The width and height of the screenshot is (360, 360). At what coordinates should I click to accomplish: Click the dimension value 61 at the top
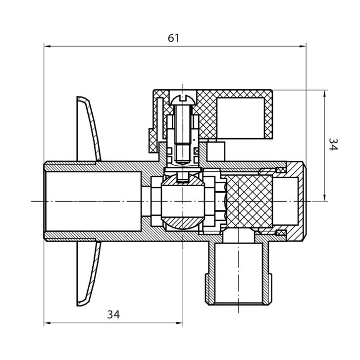tap(173, 38)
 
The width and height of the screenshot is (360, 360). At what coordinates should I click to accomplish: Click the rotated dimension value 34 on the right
tap(333, 144)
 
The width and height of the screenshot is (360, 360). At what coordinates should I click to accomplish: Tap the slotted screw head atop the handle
tap(183, 100)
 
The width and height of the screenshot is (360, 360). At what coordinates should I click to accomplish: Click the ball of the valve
tap(183, 202)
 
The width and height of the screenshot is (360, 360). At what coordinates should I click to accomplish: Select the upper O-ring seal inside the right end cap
tap(281, 170)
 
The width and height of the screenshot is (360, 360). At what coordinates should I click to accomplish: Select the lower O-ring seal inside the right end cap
tap(281, 233)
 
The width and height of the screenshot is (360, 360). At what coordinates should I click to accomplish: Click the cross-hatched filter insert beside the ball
tap(249, 202)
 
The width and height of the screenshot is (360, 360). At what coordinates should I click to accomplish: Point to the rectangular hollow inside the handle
tap(240, 118)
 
